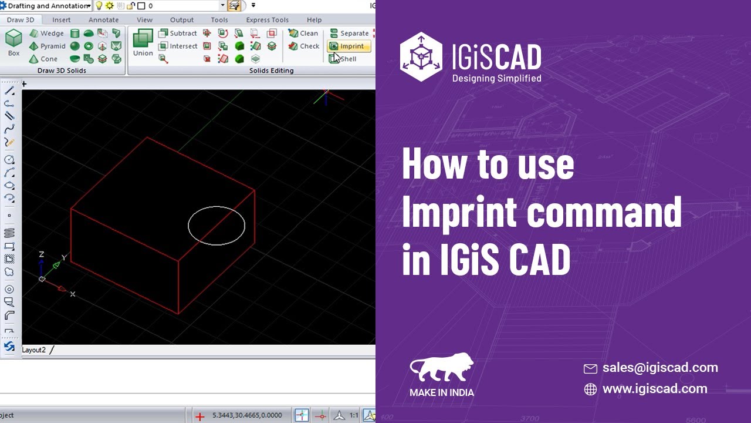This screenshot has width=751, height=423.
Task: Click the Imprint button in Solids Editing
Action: click(349, 46)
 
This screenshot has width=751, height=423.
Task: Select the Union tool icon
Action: click(143, 40)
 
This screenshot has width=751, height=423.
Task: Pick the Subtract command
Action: click(178, 33)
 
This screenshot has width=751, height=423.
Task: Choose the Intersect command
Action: click(178, 46)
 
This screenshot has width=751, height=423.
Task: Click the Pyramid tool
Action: click(48, 46)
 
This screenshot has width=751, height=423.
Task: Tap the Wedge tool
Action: click(47, 33)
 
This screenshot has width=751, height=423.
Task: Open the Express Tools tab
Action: click(267, 20)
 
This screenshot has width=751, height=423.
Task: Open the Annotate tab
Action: click(103, 20)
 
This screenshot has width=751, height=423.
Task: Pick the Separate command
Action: click(349, 33)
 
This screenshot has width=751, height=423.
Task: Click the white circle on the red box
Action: click(216, 207)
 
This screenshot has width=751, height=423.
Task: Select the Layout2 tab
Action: click(34, 350)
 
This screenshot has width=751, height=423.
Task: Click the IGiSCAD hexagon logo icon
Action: click(421, 57)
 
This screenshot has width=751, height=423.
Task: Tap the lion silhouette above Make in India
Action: click(441, 368)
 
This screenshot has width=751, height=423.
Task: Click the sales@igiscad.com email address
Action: click(660, 368)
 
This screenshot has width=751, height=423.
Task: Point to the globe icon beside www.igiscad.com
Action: click(590, 389)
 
